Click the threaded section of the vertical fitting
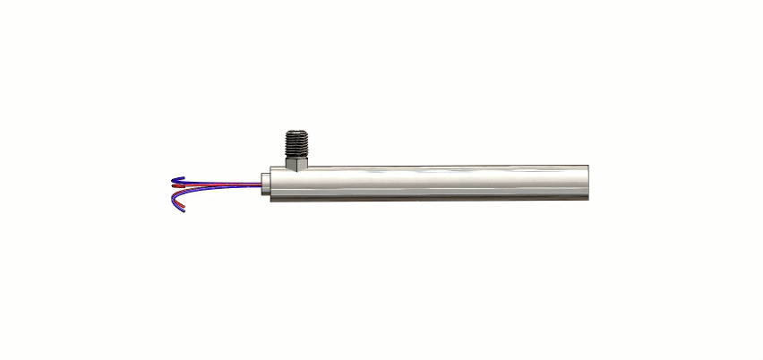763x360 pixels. coord(296,142)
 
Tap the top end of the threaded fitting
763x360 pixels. coord(296,132)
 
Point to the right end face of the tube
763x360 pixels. coord(587,182)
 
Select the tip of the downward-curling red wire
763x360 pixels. coord(184,213)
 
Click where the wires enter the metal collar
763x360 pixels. coord(261,185)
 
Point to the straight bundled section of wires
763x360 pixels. coord(233,185)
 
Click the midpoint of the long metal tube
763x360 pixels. coord(430,183)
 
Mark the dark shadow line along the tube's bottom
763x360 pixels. coord(430,199)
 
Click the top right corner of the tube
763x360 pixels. coord(587,167)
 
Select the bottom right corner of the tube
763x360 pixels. coord(587,199)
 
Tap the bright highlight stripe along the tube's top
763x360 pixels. coord(430,171)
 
